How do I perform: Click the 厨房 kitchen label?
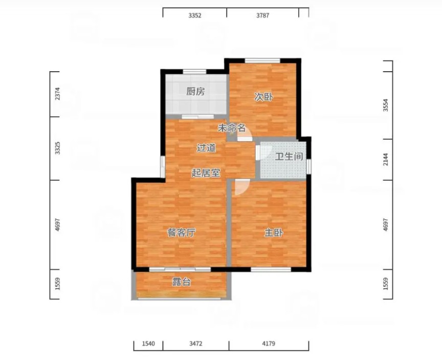click(x=195, y=92)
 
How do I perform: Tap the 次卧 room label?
click(x=263, y=97)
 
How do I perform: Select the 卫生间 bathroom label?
click(x=289, y=156)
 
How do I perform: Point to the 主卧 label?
click(x=273, y=233)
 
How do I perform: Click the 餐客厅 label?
click(x=181, y=233)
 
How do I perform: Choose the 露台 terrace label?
click(x=181, y=282)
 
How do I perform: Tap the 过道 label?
click(x=206, y=147)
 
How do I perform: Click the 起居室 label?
click(x=206, y=173)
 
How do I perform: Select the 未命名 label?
click(x=232, y=128)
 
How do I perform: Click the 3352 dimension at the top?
click(x=195, y=15)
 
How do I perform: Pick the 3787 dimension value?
click(x=262, y=15)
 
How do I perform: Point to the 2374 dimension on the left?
click(x=57, y=94)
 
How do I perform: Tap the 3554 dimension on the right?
click(x=386, y=105)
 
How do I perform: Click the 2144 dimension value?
click(x=386, y=159)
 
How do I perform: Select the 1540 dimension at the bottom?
click(x=148, y=344)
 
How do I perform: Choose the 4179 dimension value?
click(x=269, y=344)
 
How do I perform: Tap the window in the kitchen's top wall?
click(x=194, y=72)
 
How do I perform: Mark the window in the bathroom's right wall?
click(x=308, y=166)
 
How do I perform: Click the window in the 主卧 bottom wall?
click(x=271, y=269)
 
